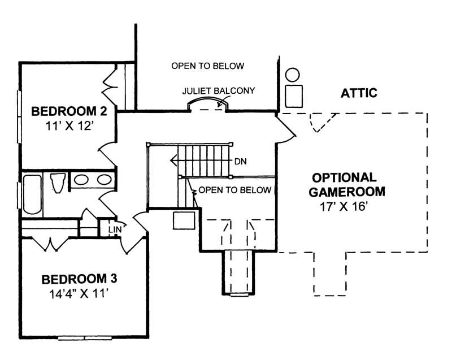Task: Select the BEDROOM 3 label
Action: tap(79, 279)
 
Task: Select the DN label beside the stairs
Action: tap(241, 161)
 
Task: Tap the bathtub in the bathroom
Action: tap(31, 194)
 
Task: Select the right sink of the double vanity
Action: tap(103, 180)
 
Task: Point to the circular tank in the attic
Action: tap(292, 75)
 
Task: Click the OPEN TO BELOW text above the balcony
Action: tap(208, 66)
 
